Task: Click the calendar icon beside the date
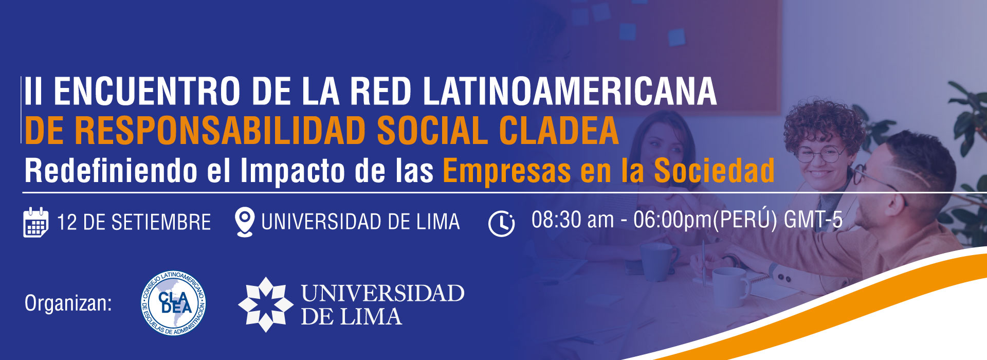click(36, 222)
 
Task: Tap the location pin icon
click(244, 222)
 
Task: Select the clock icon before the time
click(501, 224)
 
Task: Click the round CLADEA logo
click(174, 303)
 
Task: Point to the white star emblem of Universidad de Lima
click(265, 304)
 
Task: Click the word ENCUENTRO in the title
click(147, 92)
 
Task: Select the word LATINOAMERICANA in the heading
click(570, 92)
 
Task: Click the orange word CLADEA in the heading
click(559, 131)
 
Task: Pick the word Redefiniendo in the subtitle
click(111, 170)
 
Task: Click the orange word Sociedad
click(714, 170)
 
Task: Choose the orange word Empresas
click(507, 171)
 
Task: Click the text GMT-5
click(813, 220)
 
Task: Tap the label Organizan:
click(68, 303)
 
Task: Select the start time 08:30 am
click(573, 220)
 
